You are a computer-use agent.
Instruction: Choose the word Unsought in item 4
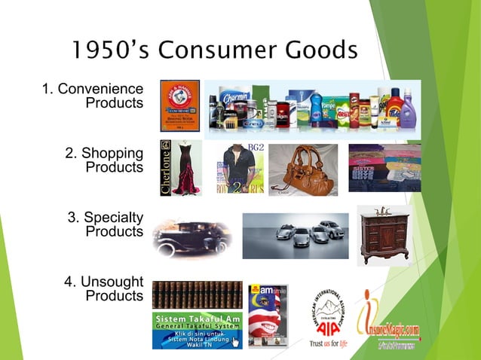pyautogui.click(x=111, y=282)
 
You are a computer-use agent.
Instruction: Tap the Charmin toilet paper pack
pyautogui.click(x=237, y=99)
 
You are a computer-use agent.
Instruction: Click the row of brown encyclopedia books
pyautogui.click(x=197, y=294)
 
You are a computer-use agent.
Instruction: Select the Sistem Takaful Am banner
pyautogui.click(x=197, y=330)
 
